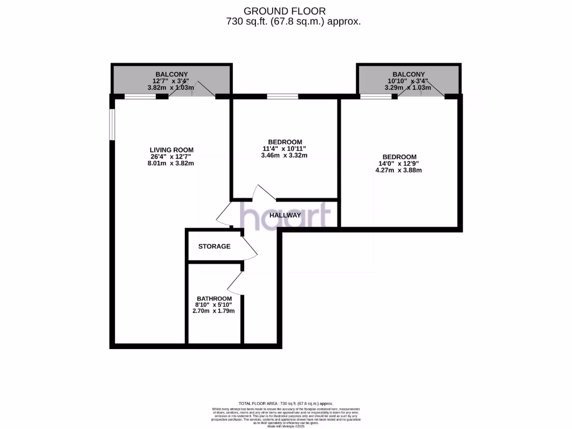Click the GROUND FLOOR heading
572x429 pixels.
[285, 11]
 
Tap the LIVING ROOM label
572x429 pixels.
[171, 149]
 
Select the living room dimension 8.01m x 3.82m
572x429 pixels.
[171, 163]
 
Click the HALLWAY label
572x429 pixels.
[285, 215]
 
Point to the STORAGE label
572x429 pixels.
[214, 246]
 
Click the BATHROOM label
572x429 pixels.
[213, 298]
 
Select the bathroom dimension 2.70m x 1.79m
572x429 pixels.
[213, 311]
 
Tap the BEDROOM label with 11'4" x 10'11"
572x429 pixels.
[285, 141]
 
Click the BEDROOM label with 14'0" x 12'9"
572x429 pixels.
[399, 156]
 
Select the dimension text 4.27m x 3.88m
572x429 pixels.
[399, 170]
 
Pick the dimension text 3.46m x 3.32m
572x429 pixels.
[285, 155]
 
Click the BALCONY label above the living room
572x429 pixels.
[171, 74]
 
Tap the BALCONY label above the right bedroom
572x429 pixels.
[408, 74]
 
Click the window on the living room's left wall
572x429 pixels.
[112, 123]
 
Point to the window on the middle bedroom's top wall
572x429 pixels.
[282, 97]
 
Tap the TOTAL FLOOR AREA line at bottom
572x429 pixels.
[285, 403]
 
